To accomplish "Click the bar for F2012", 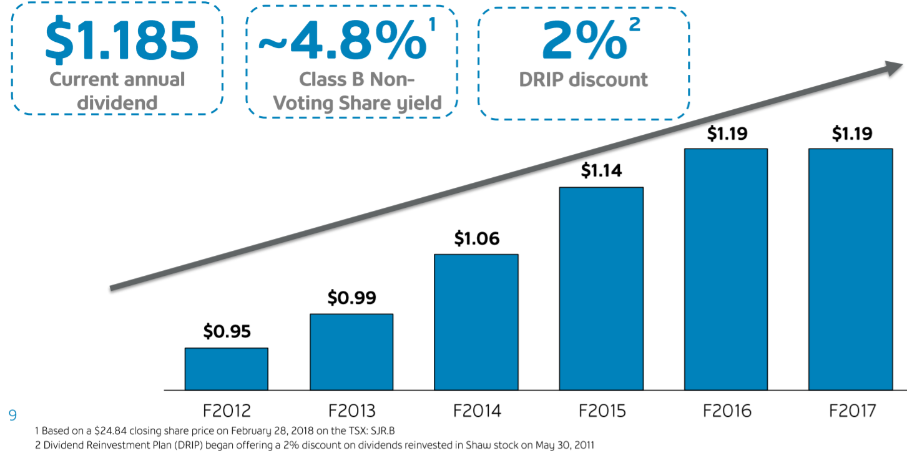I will tap(226, 369).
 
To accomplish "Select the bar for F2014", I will tap(476, 322).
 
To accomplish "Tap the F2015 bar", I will tap(601, 288).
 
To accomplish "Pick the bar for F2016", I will tap(725, 269).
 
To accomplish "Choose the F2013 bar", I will tap(351, 352).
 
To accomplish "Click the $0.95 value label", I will tap(227, 331).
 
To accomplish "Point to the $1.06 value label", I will tap(476, 238).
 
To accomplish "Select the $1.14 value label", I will tap(601, 170).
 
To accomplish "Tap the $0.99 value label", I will tap(351, 298).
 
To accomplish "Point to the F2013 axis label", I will tap(351, 411).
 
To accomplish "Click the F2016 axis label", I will tap(726, 411).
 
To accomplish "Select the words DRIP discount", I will tap(584, 80).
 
